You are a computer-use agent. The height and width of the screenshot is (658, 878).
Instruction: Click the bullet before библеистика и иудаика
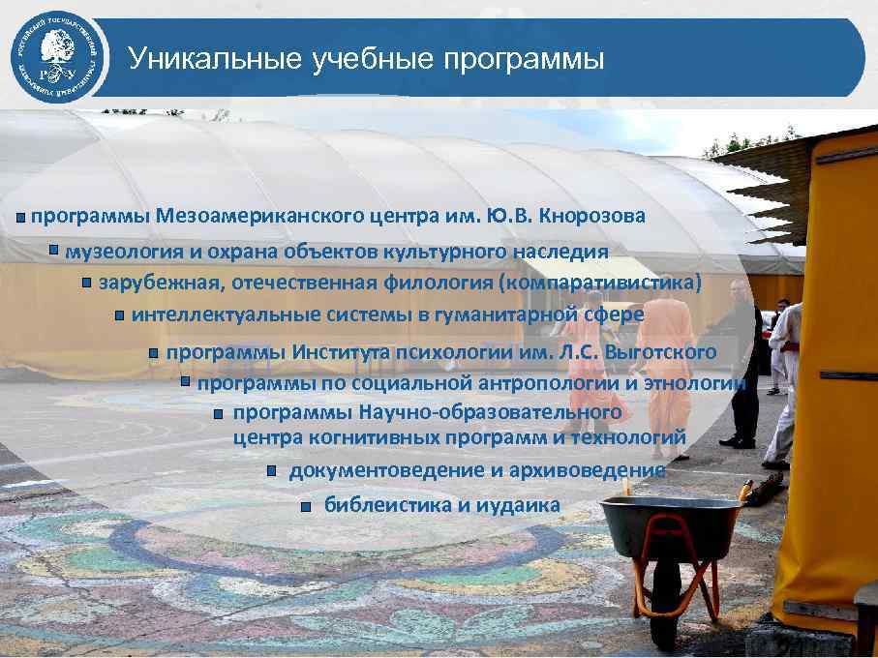pos(305,506)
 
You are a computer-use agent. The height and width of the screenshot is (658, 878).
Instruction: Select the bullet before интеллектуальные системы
pos(119,315)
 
